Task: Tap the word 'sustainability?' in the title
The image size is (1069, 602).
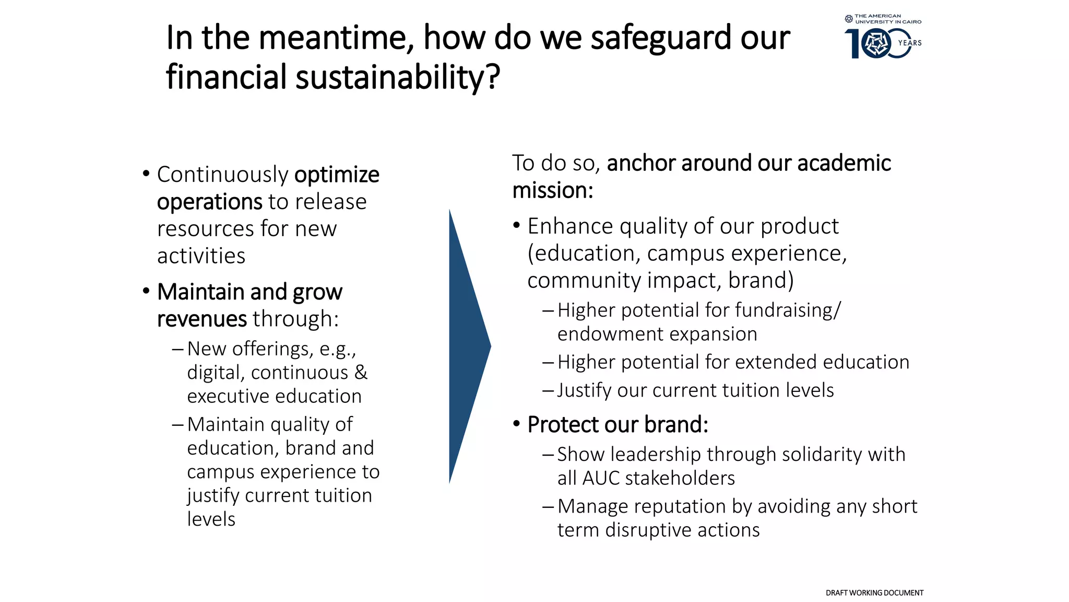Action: click(398, 77)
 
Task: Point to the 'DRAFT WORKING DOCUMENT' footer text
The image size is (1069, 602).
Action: click(874, 593)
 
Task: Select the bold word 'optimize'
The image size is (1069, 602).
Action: click(337, 175)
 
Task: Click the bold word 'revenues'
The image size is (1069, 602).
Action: click(201, 319)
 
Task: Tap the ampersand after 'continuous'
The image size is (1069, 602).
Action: click(361, 373)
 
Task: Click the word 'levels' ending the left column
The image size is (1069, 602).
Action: click(211, 519)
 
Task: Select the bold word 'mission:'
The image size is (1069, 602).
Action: click(552, 191)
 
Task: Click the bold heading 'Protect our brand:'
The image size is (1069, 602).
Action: click(617, 425)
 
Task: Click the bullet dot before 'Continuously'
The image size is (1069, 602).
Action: click(146, 173)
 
